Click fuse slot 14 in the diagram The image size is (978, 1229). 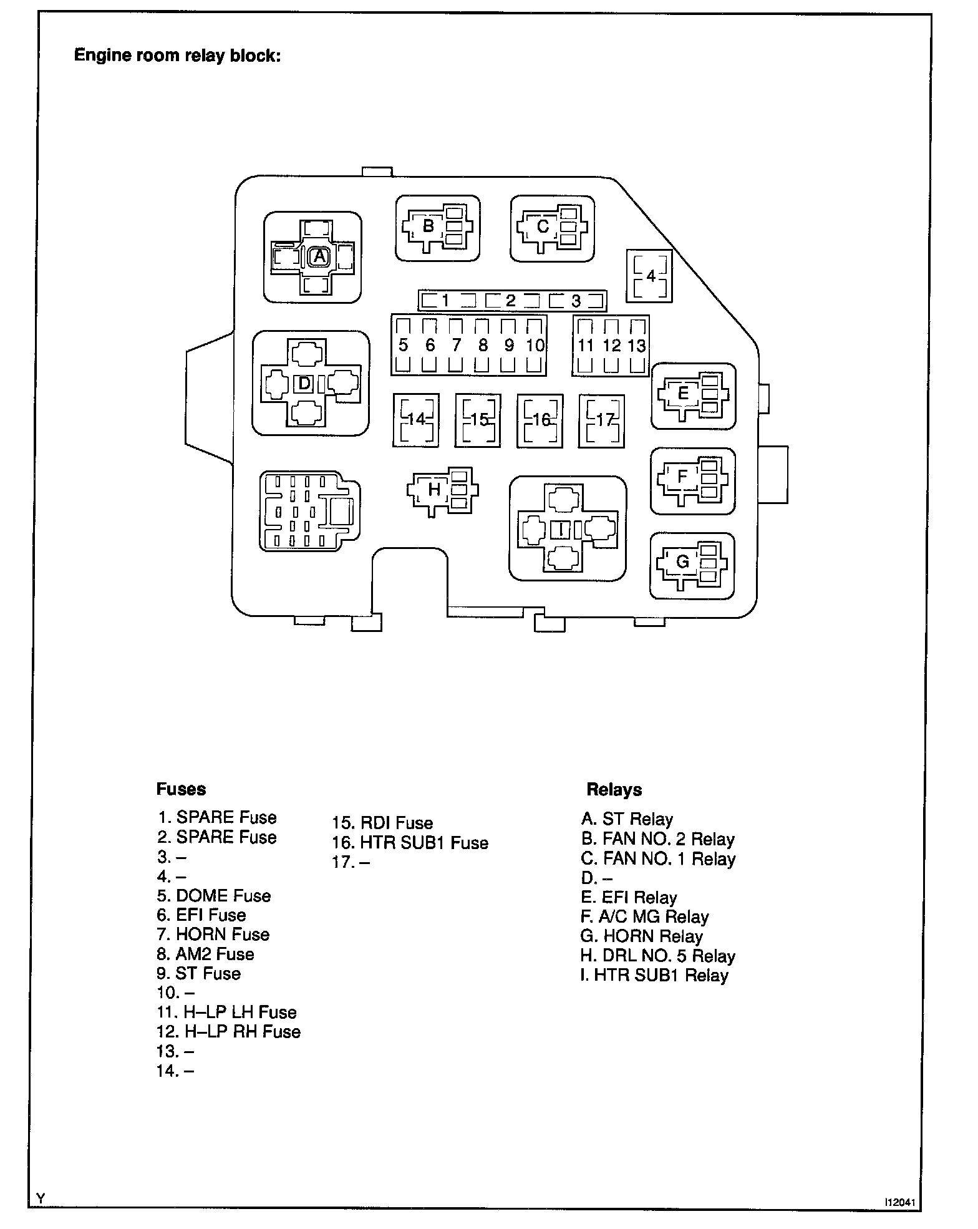click(x=415, y=420)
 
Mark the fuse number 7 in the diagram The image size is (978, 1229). click(x=457, y=345)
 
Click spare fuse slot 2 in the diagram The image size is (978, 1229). click(x=511, y=301)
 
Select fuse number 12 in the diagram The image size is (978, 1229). click(x=611, y=346)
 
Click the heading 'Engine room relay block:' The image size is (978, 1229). click(x=178, y=56)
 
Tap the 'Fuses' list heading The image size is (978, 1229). click(x=181, y=789)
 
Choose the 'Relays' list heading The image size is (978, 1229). click(x=614, y=790)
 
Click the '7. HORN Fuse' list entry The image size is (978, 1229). click(x=213, y=935)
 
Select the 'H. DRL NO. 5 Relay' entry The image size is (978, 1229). click(x=658, y=956)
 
